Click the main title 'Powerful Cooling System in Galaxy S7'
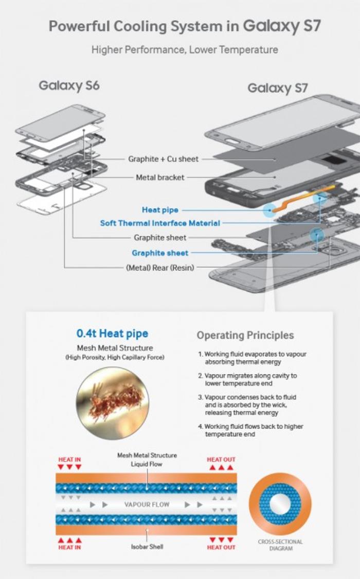185,26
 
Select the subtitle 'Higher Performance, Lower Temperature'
185,50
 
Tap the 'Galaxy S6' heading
69,85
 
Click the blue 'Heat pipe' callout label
160,210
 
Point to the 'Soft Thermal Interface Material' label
160,223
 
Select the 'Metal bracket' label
160,178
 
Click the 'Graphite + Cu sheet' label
163,159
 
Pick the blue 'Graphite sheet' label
160,253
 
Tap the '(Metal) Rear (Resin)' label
160,268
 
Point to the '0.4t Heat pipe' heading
112,333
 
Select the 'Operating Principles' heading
245,336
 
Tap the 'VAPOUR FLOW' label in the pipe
147,504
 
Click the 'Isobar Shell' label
147,547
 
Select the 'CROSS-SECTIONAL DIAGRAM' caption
280,545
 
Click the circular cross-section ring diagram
280,504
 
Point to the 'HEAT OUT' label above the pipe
221,459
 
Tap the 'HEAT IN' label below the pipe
69,548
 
